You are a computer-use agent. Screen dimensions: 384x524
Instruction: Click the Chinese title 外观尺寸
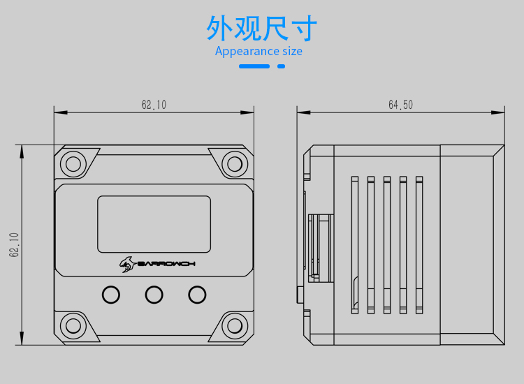[261, 29]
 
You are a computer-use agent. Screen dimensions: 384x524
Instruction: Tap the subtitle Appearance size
[259, 51]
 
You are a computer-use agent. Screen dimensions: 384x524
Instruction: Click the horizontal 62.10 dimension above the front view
[154, 105]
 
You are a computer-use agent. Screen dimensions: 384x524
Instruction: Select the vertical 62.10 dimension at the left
[14, 245]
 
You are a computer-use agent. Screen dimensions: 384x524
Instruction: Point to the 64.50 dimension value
[400, 105]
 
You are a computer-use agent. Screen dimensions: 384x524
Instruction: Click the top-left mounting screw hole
[73, 164]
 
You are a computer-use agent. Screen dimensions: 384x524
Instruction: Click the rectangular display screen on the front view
[154, 224]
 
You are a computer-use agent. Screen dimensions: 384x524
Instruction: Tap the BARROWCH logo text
[166, 263]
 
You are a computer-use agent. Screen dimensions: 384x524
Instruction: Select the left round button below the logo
[110, 295]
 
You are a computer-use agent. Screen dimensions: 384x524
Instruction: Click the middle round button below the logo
[154, 295]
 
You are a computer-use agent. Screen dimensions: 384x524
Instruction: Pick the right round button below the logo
[197, 295]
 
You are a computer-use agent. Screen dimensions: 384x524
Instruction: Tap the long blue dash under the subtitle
[254, 66]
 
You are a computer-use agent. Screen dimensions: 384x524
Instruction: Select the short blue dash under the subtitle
[282, 66]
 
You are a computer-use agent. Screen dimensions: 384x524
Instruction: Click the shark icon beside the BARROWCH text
[126, 263]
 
